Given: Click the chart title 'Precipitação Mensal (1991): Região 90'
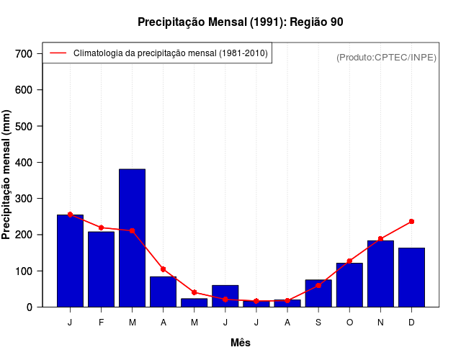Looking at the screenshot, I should point(240,22).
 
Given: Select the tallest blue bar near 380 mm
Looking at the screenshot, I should point(132,238).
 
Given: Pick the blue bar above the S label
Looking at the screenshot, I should point(318,293).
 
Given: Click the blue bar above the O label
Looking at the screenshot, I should point(349,284).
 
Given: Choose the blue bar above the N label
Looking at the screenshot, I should point(380,274).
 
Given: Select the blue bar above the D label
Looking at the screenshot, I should point(411,277).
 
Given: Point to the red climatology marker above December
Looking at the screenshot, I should point(411,221).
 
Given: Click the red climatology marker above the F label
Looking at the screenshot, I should point(101,228).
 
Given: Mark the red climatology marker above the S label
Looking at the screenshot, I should point(318,285).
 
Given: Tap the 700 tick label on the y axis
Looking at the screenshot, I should point(24,54).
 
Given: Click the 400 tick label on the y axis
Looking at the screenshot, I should point(24,163).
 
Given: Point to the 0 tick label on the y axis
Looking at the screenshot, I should point(30,307).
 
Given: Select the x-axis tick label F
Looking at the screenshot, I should point(101,323).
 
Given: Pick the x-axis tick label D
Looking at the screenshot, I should point(411,323).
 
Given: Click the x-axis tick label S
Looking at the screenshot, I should point(318,323).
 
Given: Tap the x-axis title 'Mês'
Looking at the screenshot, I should point(241,343).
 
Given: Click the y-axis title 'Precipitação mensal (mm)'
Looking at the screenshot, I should point(7,175).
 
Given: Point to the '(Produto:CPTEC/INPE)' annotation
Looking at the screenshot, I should point(386,58).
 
